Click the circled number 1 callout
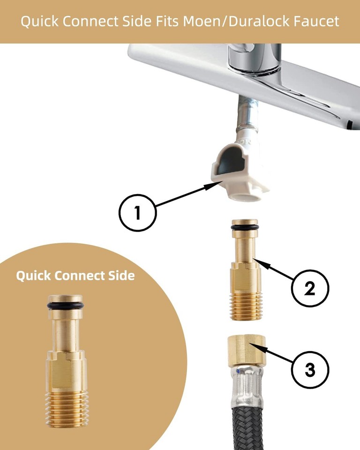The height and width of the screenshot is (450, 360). (x=137, y=213)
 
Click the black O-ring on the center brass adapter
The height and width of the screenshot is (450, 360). (x=244, y=228)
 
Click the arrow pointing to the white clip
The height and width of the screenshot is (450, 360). (x=183, y=195)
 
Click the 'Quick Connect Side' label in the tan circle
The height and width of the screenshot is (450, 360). (x=75, y=276)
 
